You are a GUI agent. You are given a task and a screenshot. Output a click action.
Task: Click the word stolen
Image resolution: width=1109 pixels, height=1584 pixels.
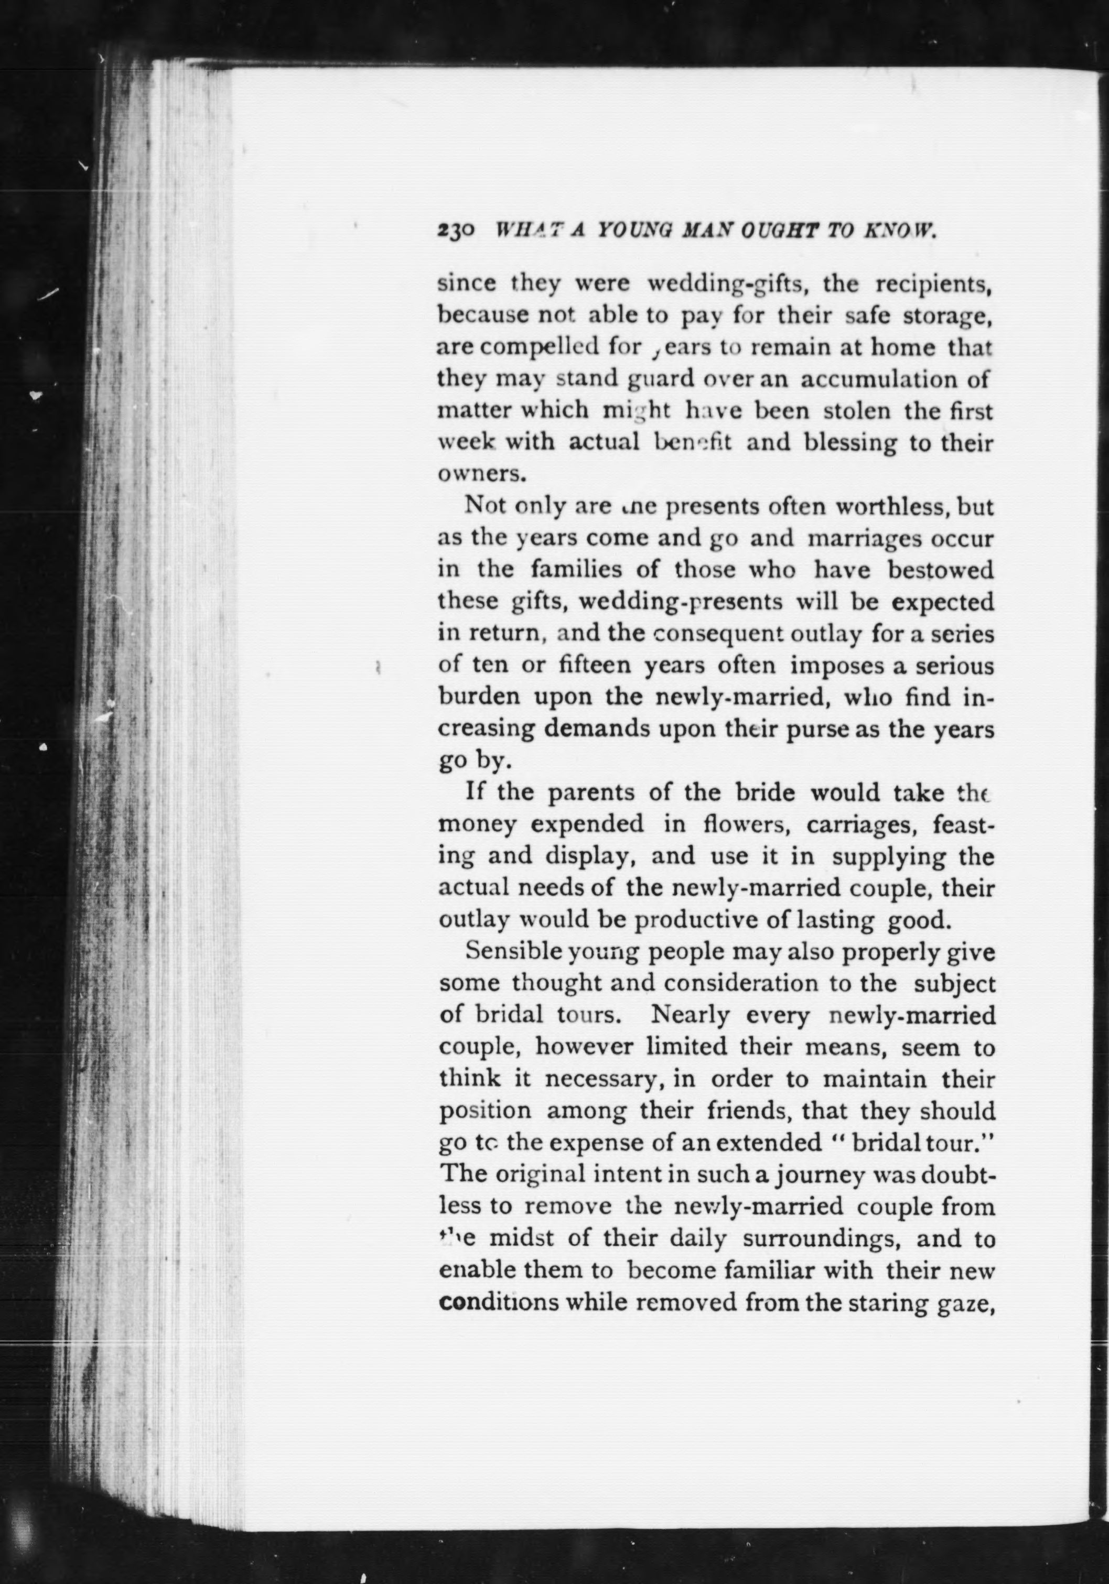tap(854, 412)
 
